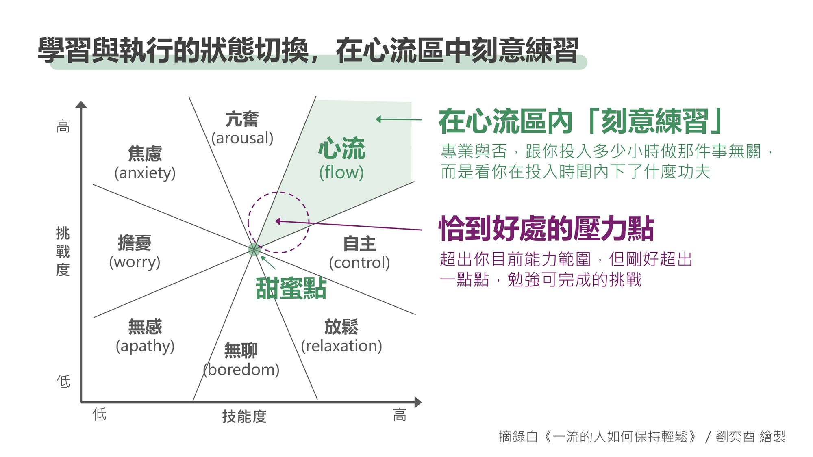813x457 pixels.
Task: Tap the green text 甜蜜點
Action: tap(291, 289)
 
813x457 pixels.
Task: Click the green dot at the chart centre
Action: tap(254, 249)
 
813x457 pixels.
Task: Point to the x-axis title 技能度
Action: tap(244, 416)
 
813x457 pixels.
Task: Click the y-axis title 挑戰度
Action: tap(63, 252)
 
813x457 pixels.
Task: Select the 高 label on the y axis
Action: tap(63, 126)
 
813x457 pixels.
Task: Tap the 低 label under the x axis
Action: tap(99, 414)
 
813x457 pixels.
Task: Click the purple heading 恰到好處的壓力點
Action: tap(546, 228)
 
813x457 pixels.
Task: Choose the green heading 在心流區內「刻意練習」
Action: tap(580, 121)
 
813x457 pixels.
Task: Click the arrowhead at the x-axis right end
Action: tap(418, 403)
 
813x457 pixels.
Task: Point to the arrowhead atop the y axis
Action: tap(81, 104)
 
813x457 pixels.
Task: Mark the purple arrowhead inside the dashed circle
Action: tap(278, 221)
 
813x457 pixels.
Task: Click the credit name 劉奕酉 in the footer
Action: tap(735, 437)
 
